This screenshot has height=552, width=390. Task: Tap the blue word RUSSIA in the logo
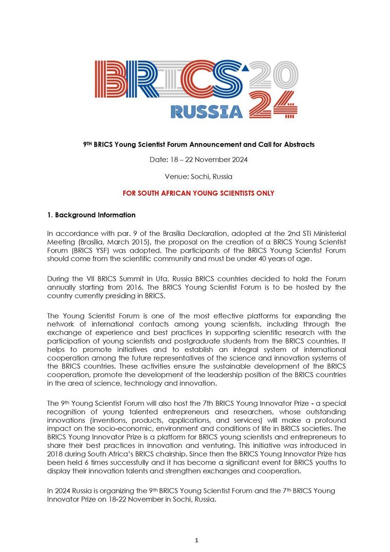pos(206,110)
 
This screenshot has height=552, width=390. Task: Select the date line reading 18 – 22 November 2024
pos(195,161)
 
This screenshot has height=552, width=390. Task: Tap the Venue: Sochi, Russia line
pos(195,177)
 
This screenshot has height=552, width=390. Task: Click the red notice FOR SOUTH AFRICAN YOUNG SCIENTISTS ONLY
pos(198,193)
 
